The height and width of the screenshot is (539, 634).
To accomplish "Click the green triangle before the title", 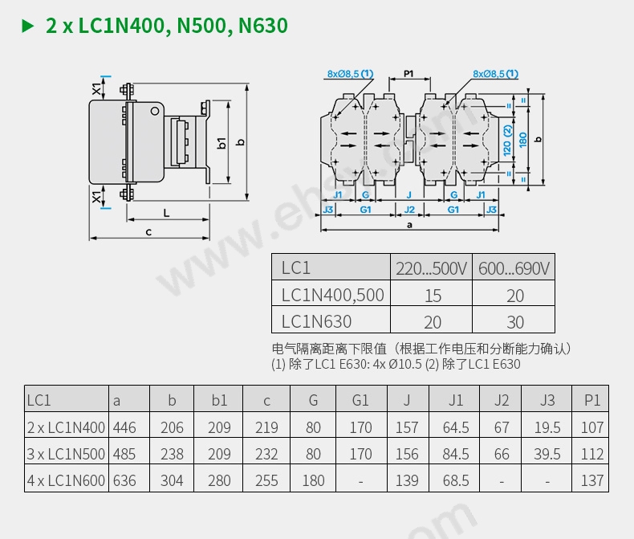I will click(28, 27).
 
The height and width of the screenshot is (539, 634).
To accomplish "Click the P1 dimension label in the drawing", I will click(408, 74).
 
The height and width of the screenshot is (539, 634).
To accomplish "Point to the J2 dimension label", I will click(410, 209).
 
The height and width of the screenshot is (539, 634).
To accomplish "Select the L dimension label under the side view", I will click(166, 213).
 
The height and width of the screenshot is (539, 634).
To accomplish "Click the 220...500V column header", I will click(431, 268).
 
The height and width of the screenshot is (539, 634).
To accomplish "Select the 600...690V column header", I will click(514, 268).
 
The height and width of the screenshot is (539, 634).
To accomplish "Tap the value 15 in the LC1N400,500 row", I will click(433, 296).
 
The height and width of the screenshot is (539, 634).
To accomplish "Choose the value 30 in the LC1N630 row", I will click(515, 322).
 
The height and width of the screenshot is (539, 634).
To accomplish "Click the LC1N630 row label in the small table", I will click(316, 322).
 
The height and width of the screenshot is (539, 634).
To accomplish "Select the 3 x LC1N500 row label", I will click(66, 454).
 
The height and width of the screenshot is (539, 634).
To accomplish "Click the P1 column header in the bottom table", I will click(592, 400).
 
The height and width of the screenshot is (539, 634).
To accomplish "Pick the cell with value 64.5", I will click(456, 427).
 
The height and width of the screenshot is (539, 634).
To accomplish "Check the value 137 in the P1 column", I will click(592, 480).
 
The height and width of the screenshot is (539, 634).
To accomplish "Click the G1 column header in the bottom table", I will click(360, 400).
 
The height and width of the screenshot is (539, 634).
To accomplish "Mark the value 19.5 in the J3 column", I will click(547, 427).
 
